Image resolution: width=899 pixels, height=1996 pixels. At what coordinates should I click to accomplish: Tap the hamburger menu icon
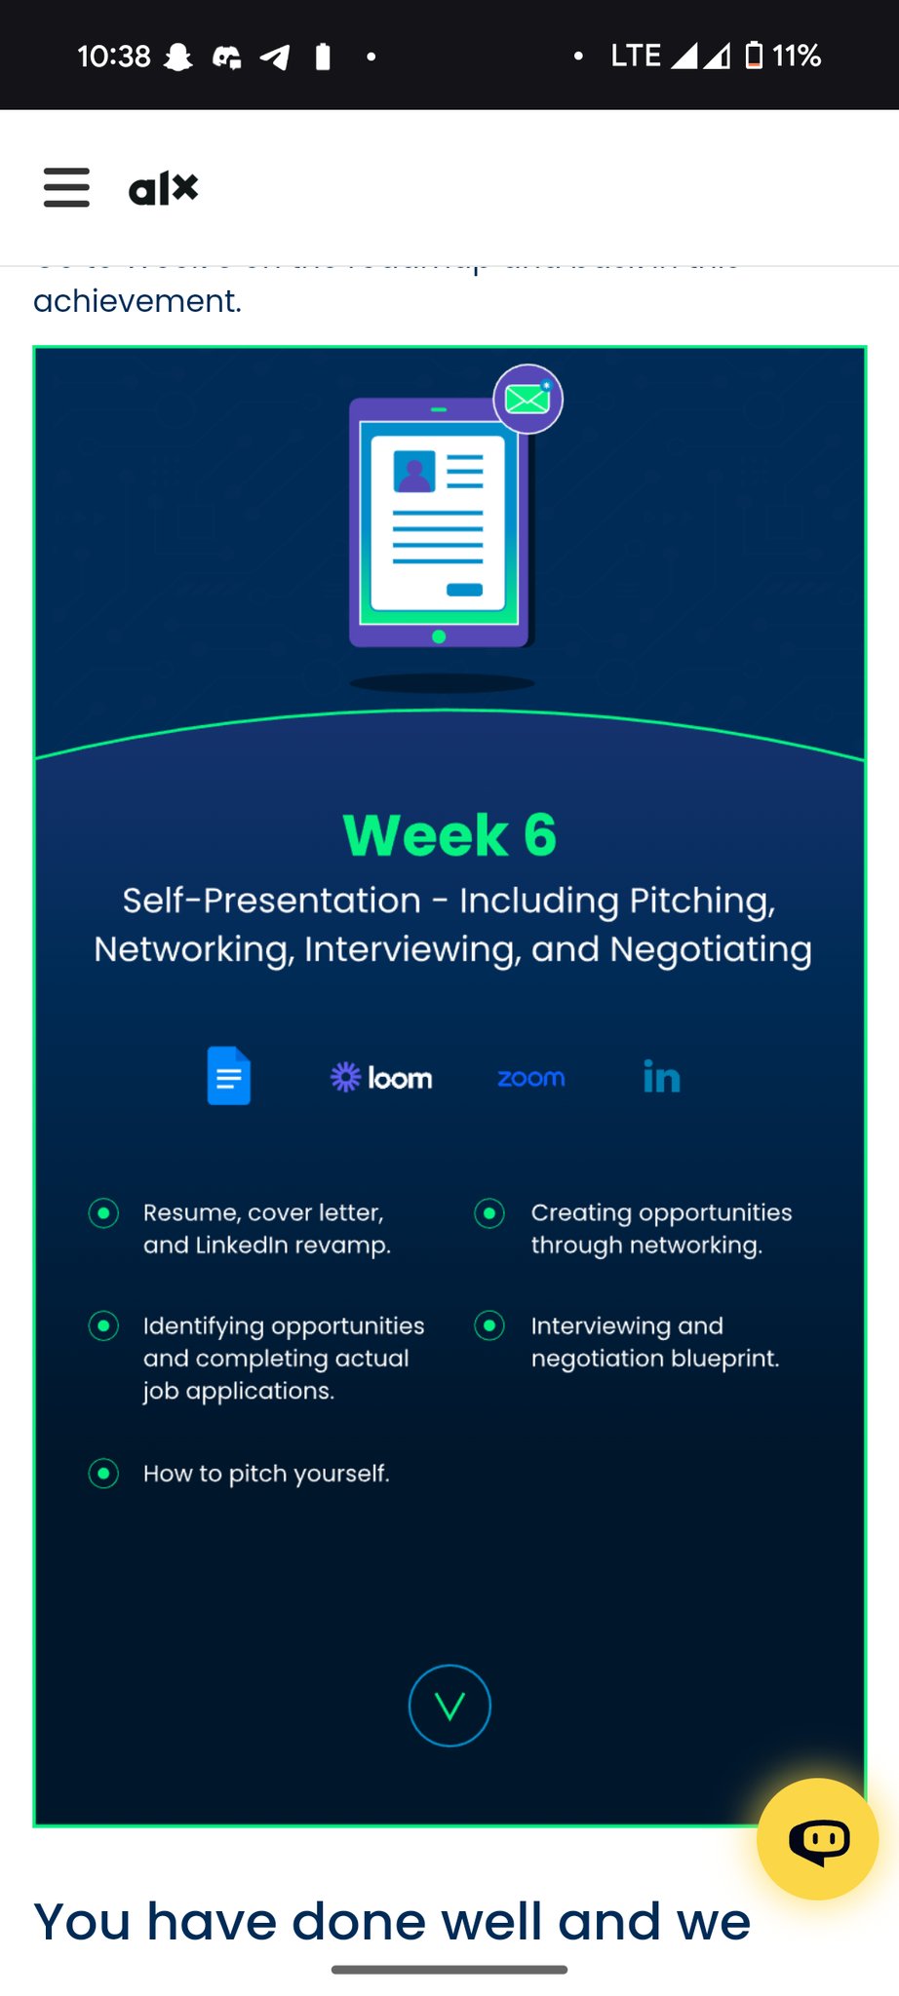pyautogui.click(x=66, y=187)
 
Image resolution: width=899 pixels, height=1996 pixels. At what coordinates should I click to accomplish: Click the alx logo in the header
pyautogui.click(x=163, y=188)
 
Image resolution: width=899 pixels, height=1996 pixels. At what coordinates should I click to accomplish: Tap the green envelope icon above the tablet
pyautogui.click(x=528, y=399)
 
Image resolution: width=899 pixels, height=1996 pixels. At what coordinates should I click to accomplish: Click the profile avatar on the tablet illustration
pyautogui.click(x=414, y=472)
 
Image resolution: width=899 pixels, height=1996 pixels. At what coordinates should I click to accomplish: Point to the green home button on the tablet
pyautogui.click(x=439, y=636)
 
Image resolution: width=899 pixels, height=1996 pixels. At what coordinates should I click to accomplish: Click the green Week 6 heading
pyautogui.click(x=449, y=835)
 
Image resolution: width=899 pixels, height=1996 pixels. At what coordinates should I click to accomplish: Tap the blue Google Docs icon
pyautogui.click(x=229, y=1076)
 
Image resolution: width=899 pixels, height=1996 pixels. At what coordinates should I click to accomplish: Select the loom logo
pyautogui.click(x=381, y=1077)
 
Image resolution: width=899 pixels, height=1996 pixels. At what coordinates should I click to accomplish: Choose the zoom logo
pyautogui.click(x=531, y=1078)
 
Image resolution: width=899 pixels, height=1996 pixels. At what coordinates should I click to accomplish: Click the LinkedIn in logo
pyautogui.click(x=661, y=1077)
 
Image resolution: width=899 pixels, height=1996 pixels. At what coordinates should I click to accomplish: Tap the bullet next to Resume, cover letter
pyautogui.click(x=103, y=1213)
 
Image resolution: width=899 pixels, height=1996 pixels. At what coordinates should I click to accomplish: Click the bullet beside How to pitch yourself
pyautogui.click(x=103, y=1473)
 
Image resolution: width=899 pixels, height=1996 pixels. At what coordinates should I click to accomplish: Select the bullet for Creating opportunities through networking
pyautogui.click(x=489, y=1213)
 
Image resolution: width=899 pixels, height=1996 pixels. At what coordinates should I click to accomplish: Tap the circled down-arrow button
pyautogui.click(x=449, y=1706)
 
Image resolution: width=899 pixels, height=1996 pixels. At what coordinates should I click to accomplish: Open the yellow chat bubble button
pyautogui.click(x=817, y=1839)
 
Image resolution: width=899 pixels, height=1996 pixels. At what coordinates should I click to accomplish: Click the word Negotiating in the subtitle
pyautogui.click(x=711, y=949)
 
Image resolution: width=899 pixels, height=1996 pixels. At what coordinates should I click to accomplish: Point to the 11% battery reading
pyautogui.click(x=797, y=56)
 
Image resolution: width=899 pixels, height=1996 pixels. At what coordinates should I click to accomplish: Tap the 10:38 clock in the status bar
pyautogui.click(x=114, y=57)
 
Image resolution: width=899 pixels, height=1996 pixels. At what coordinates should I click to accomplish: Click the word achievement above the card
pyautogui.click(x=137, y=301)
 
